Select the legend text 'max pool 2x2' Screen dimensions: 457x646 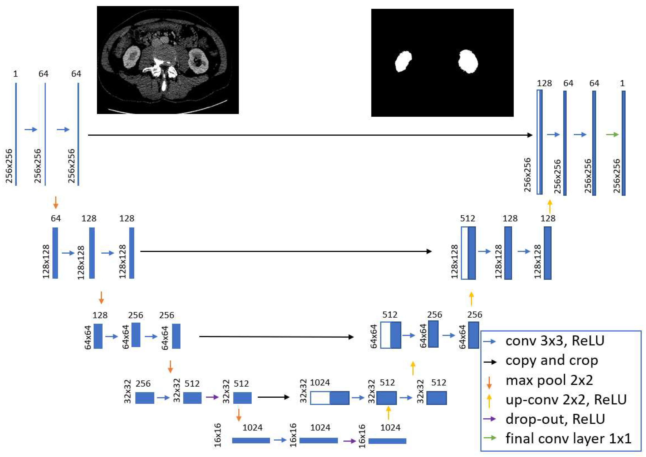[x=549, y=380]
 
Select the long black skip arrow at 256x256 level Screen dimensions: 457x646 [x=310, y=135]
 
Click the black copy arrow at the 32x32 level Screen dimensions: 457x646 [x=273, y=397]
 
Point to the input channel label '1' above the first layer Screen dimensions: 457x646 [x=15, y=74]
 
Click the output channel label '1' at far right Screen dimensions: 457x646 [x=622, y=83]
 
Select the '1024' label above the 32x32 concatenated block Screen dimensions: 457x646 [x=320, y=383]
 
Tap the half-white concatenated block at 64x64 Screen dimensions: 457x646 [x=390, y=335]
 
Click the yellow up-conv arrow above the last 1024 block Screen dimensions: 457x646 [x=389, y=413]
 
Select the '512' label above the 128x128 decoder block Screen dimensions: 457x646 [x=468, y=219]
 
